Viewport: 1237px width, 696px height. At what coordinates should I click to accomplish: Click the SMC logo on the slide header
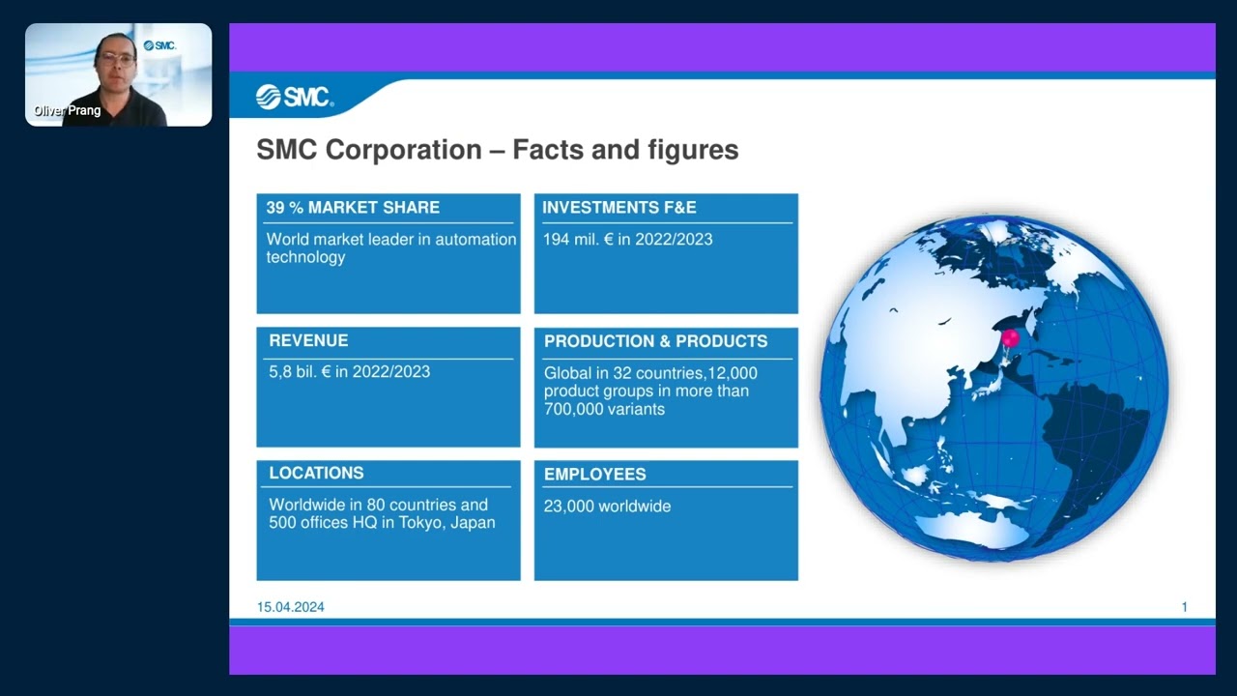click(295, 97)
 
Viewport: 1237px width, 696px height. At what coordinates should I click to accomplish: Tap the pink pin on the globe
click(1010, 338)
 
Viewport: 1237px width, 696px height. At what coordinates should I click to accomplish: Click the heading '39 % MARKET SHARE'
click(353, 208)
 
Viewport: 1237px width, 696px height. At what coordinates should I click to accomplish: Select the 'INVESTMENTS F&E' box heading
click(619, 208)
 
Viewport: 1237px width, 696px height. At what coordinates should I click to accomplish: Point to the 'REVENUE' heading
click(308, 341)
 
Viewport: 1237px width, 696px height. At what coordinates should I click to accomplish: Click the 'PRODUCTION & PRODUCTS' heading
click(655, 341)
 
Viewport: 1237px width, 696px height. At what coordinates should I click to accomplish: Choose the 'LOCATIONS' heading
click(316, 474)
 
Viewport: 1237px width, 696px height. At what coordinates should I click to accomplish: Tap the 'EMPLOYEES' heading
click(594, 475)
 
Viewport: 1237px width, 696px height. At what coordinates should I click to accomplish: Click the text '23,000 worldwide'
click(607, 507)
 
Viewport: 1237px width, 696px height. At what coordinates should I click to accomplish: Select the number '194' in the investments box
click(556, 239)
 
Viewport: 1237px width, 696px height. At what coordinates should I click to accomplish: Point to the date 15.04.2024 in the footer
click(291, 607)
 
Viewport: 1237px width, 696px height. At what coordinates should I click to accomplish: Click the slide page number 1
click(1184, 607)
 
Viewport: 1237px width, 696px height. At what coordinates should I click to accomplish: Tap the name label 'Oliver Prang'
click(67, 111)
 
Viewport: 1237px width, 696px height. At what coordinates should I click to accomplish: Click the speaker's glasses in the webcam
click(117, 59)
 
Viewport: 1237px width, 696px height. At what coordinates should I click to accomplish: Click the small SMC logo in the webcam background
click(159, 45)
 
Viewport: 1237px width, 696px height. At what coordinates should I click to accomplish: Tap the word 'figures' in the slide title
click(693, 150)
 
